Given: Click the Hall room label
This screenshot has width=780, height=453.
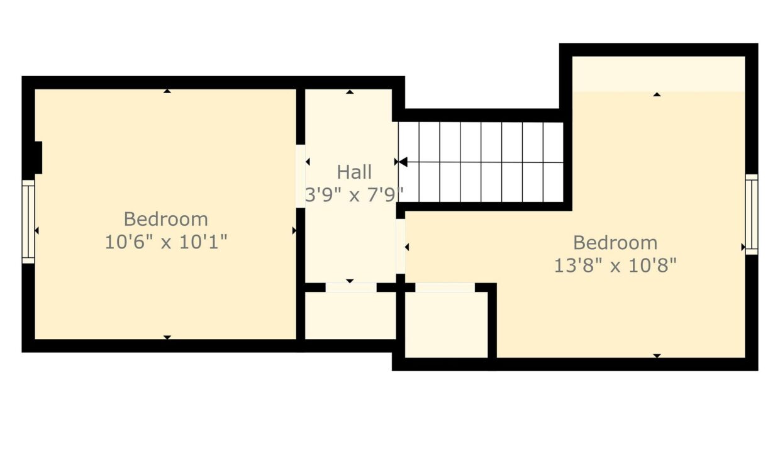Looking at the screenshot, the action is (x=354, y=172).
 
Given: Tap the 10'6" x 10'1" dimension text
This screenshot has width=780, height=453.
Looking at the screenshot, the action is (x=166, y=242).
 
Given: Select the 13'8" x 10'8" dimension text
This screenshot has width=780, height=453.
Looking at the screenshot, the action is (x=615, y=266).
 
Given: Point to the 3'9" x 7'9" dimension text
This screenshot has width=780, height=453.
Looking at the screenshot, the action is (x=354, y=194).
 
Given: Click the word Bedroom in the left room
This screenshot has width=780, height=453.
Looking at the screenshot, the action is (x=166, y=220).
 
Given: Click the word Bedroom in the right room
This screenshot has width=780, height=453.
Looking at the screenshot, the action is (x=615, y=243).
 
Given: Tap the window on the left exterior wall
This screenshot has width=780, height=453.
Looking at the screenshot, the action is (x=28, y=221).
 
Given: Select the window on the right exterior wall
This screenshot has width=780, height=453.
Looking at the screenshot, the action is (x=752, y=214).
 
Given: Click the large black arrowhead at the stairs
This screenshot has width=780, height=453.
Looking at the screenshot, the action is (x=403, y=162).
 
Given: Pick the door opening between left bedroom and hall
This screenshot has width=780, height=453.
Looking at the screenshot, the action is (x=301, y=176).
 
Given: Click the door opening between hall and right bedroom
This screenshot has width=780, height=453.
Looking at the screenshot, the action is (x=401, y=246).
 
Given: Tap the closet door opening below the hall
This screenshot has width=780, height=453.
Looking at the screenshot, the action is (x=351, y=288).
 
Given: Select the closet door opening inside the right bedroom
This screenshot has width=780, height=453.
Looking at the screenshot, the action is (x=445, y=288).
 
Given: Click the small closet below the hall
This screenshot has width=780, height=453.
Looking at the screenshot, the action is (x=350, y=315).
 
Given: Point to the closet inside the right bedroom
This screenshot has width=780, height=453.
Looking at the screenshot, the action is (x=447, y=325).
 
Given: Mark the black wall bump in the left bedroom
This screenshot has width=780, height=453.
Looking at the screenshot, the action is (x=38, y=157).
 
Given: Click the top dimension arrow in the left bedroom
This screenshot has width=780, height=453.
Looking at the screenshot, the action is (x=167, y=91).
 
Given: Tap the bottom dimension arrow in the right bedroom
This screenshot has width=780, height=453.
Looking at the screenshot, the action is (x=657, y=355).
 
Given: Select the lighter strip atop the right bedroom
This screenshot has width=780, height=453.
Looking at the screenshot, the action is (x=659, y=74).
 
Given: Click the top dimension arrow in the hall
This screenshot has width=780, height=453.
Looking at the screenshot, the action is (x=350, y=92).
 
